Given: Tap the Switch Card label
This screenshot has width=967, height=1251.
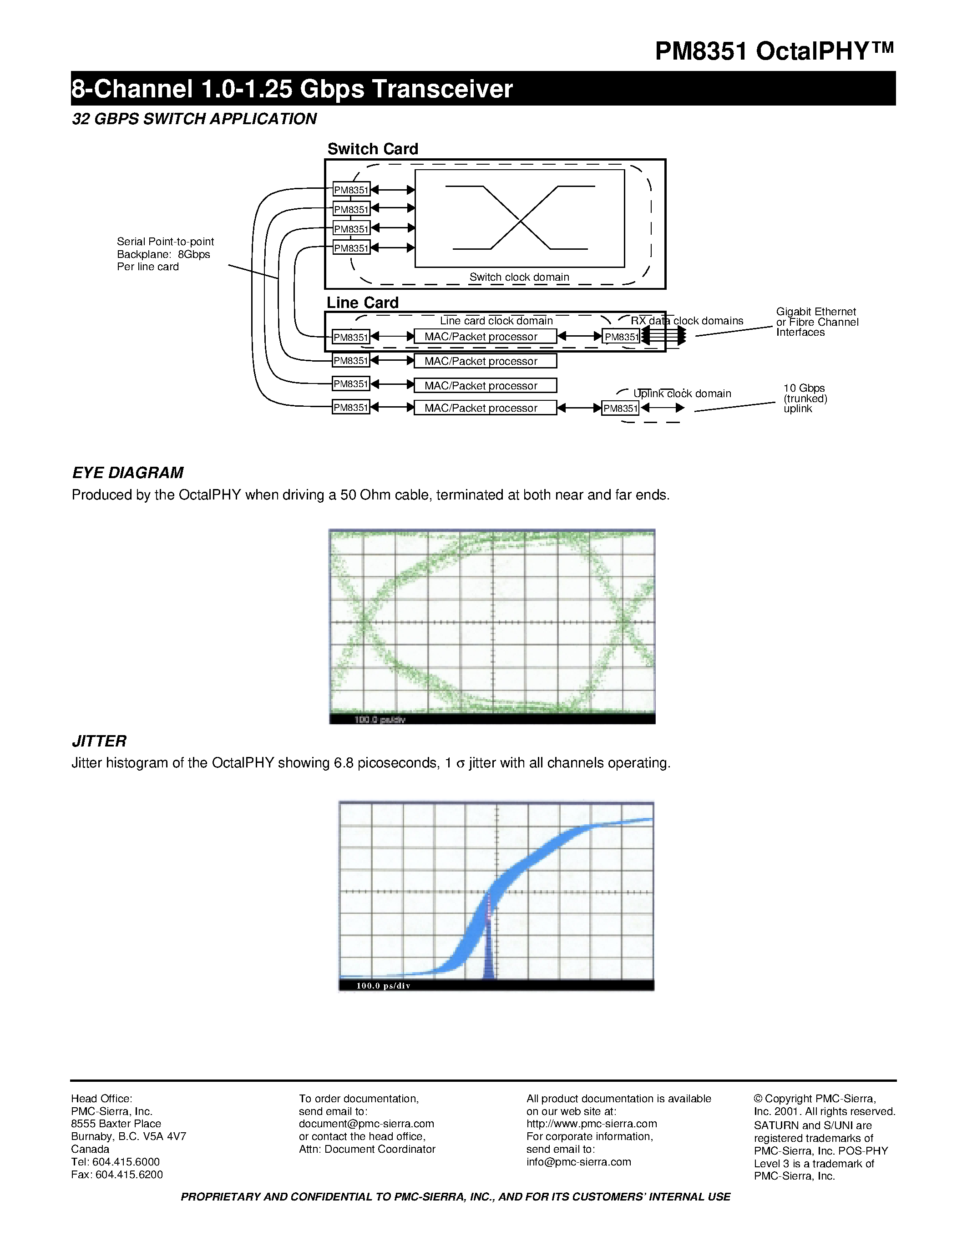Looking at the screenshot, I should [x=372, y=149].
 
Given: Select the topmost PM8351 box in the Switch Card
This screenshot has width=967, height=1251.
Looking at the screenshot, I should [x=351, y=190].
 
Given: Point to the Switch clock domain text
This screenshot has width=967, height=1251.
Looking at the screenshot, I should [x=519, y=277].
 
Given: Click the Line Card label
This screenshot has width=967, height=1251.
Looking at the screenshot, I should [x=362, y=303].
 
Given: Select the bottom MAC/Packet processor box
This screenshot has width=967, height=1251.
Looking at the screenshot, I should [x=485, y=408].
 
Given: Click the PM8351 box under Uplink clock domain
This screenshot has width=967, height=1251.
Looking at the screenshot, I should [x=620, y=409].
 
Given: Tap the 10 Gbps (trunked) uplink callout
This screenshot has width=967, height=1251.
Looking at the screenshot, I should [x=805, y=398].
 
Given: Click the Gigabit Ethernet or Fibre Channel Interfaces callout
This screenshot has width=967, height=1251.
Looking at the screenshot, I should [x=816, y=322].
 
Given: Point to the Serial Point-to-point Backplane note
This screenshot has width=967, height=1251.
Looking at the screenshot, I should [x=165, y=254].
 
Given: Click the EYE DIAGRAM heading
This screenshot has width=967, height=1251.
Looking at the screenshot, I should [x=127, y=473].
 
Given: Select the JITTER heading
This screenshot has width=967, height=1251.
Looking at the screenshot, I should [x=99, y=741].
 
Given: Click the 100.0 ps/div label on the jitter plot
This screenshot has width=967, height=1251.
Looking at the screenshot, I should [x=383, y=986].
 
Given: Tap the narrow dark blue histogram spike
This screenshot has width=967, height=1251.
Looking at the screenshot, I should [x=488, y=962].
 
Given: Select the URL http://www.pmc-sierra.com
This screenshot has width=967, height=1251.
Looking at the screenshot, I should [x=591, y=1124].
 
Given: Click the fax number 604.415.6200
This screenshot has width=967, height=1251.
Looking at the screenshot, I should [x=129, y=1175].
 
